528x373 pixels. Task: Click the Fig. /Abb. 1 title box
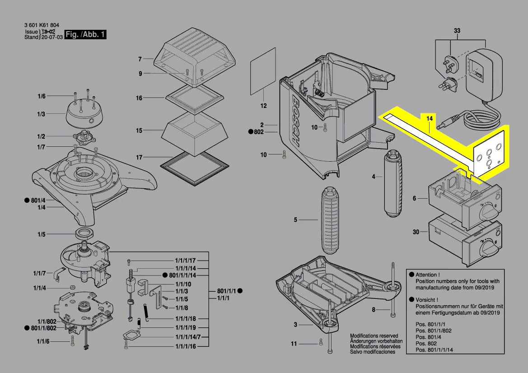click(x=85, y=34)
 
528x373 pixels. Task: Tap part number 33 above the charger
click(x=457, y=31)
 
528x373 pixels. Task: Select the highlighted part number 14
click(x=430, y=118)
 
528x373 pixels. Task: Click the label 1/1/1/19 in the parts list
click(x=186, y=327)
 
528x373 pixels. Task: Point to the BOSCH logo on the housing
click(x=294, y=121)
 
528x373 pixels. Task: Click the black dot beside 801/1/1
click(x=240, y=291)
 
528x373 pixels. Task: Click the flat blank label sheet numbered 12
click(x=263, y=71)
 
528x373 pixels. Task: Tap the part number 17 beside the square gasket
click(x=139, y=157)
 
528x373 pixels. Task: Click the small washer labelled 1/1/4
click(x=72, y=288)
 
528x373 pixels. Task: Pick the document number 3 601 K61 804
click(x=42, y=25)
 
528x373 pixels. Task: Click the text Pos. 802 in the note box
click(x=426, y=343)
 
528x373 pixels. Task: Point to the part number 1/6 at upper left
click(x=42, y=96)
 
